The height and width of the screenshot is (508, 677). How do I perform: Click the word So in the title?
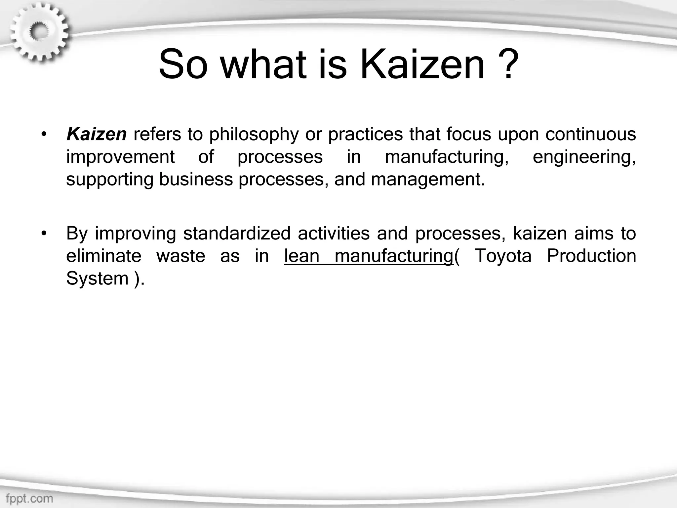[183, 64]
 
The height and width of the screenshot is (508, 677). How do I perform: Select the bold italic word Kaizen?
[96, 134]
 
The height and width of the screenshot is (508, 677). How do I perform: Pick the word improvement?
[120, 157]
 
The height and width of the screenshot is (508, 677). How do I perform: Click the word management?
[428, 180]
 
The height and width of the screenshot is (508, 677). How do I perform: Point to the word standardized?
[237, 233]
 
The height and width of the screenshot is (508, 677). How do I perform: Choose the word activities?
[333, 233]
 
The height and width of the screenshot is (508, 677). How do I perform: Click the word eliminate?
[103, 256]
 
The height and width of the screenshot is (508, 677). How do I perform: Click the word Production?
[591, 256]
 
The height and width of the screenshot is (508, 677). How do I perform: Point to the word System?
[97, 278]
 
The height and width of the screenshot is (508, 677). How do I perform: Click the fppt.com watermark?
[29, 498]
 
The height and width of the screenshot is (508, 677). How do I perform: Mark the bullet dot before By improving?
[44, 234]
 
